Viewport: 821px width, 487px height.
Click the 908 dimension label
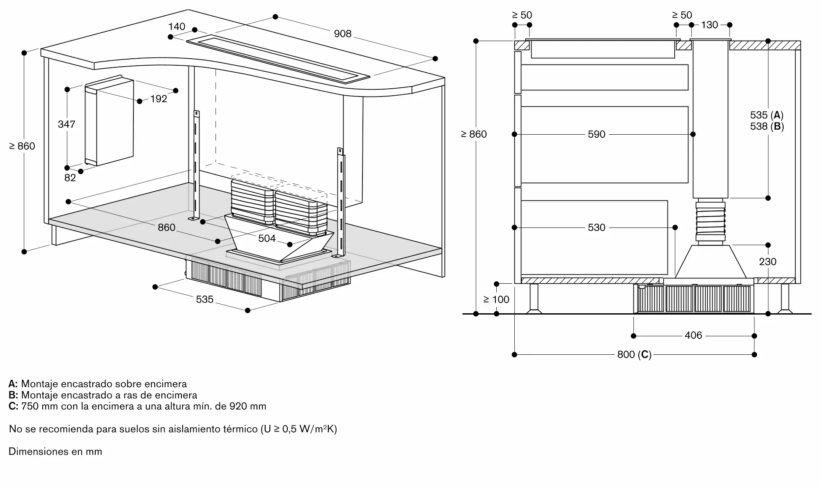coord(343,34)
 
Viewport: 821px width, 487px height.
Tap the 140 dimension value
coord(177,27)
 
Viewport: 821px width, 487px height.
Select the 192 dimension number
coord(158,99)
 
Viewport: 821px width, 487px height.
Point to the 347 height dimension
coord(67,124)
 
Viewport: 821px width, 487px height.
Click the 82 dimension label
coord(70,177)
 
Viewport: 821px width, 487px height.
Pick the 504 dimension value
coord(267,238)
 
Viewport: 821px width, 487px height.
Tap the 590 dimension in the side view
coord(596,134)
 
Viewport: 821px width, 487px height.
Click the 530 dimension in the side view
coord(596,227)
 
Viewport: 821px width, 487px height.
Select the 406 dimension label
coord(693,335)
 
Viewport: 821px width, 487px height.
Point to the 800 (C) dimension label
coord(634,354)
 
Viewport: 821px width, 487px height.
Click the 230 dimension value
coord(768,262)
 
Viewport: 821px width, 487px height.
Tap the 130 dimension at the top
coord(709,25)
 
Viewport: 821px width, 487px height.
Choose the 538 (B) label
coord(767,126)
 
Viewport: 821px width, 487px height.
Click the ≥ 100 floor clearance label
coord(496,299)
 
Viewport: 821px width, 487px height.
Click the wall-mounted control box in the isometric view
coord(109,120)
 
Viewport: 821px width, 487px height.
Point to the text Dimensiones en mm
coord(55,451)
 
